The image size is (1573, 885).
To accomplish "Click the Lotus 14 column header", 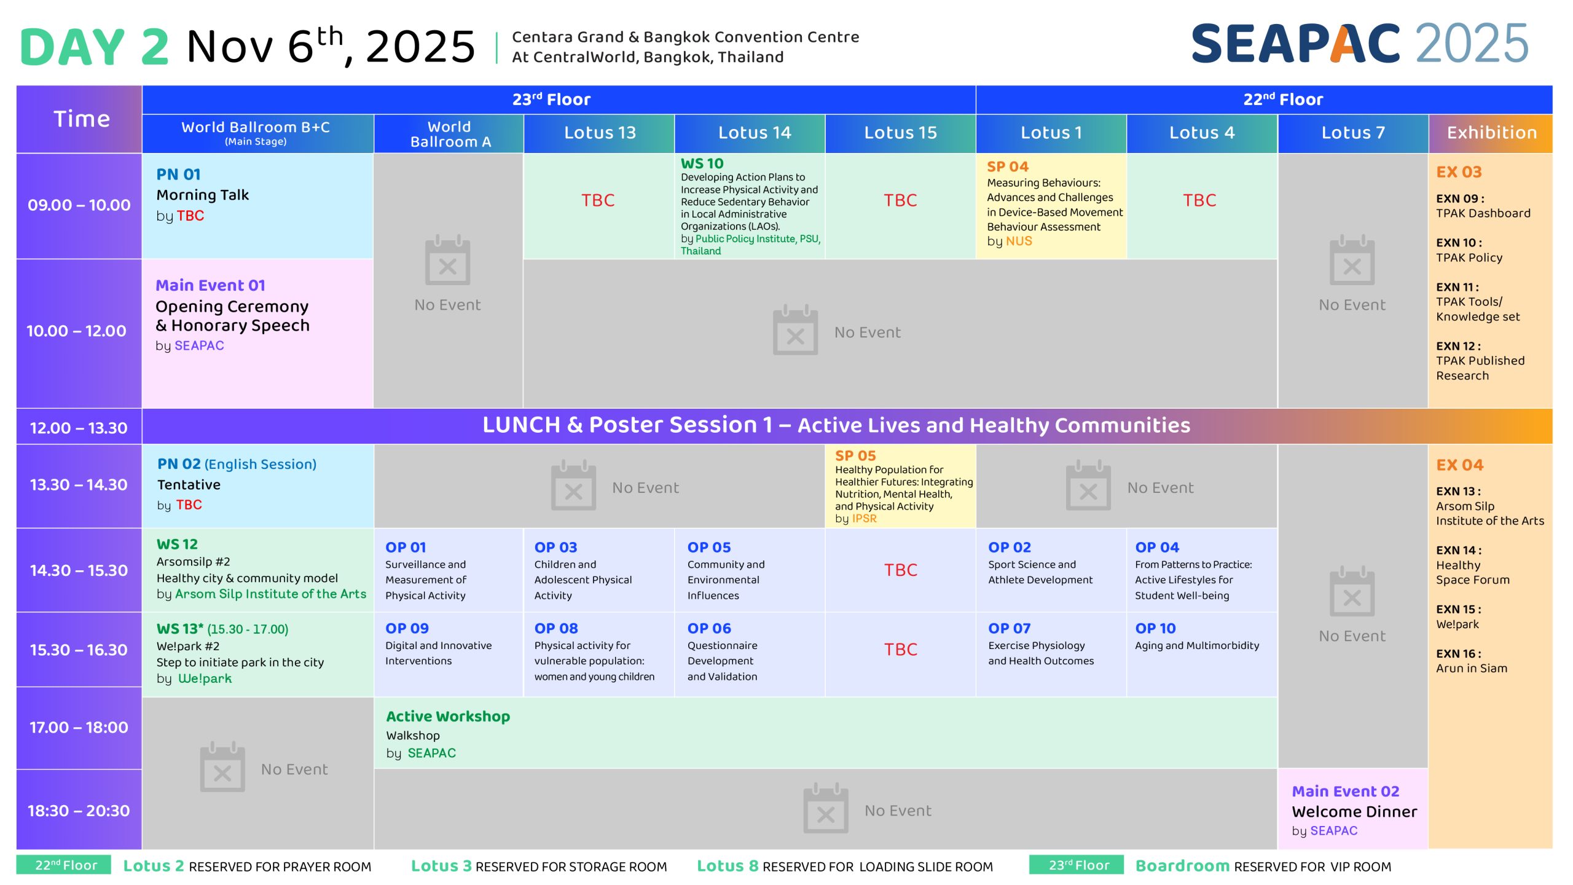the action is (755, 133).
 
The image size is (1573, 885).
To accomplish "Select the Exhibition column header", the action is (1491, 133).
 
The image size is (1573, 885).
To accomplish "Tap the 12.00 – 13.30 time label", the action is (79, 428).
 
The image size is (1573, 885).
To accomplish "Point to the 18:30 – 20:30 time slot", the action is (79, 811).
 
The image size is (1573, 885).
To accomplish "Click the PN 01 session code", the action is (178, 175).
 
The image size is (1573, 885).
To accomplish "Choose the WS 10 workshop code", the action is (702, 163).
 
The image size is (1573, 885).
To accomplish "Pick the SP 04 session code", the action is (1008, 167).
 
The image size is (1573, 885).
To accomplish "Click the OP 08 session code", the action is (556, 628).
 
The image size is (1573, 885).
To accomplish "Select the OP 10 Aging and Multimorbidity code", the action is (1155, 628).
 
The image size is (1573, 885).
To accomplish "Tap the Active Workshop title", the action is (448, 717).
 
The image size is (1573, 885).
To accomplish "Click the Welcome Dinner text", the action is (1354, 812).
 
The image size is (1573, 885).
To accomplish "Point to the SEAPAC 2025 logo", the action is (1360, 44).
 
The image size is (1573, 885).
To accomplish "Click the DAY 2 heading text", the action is (94, 47).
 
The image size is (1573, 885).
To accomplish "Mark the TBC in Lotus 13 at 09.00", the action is (598, 200).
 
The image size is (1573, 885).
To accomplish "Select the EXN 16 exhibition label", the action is (1458, 654).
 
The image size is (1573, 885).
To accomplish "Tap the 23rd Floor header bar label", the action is (551, 100).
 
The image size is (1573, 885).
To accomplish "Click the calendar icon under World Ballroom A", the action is (447, 260).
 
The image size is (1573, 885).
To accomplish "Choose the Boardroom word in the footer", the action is (1182, 866).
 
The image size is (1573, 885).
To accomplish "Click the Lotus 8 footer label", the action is (728, 866).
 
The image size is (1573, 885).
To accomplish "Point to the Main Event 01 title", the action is (210, 285).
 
